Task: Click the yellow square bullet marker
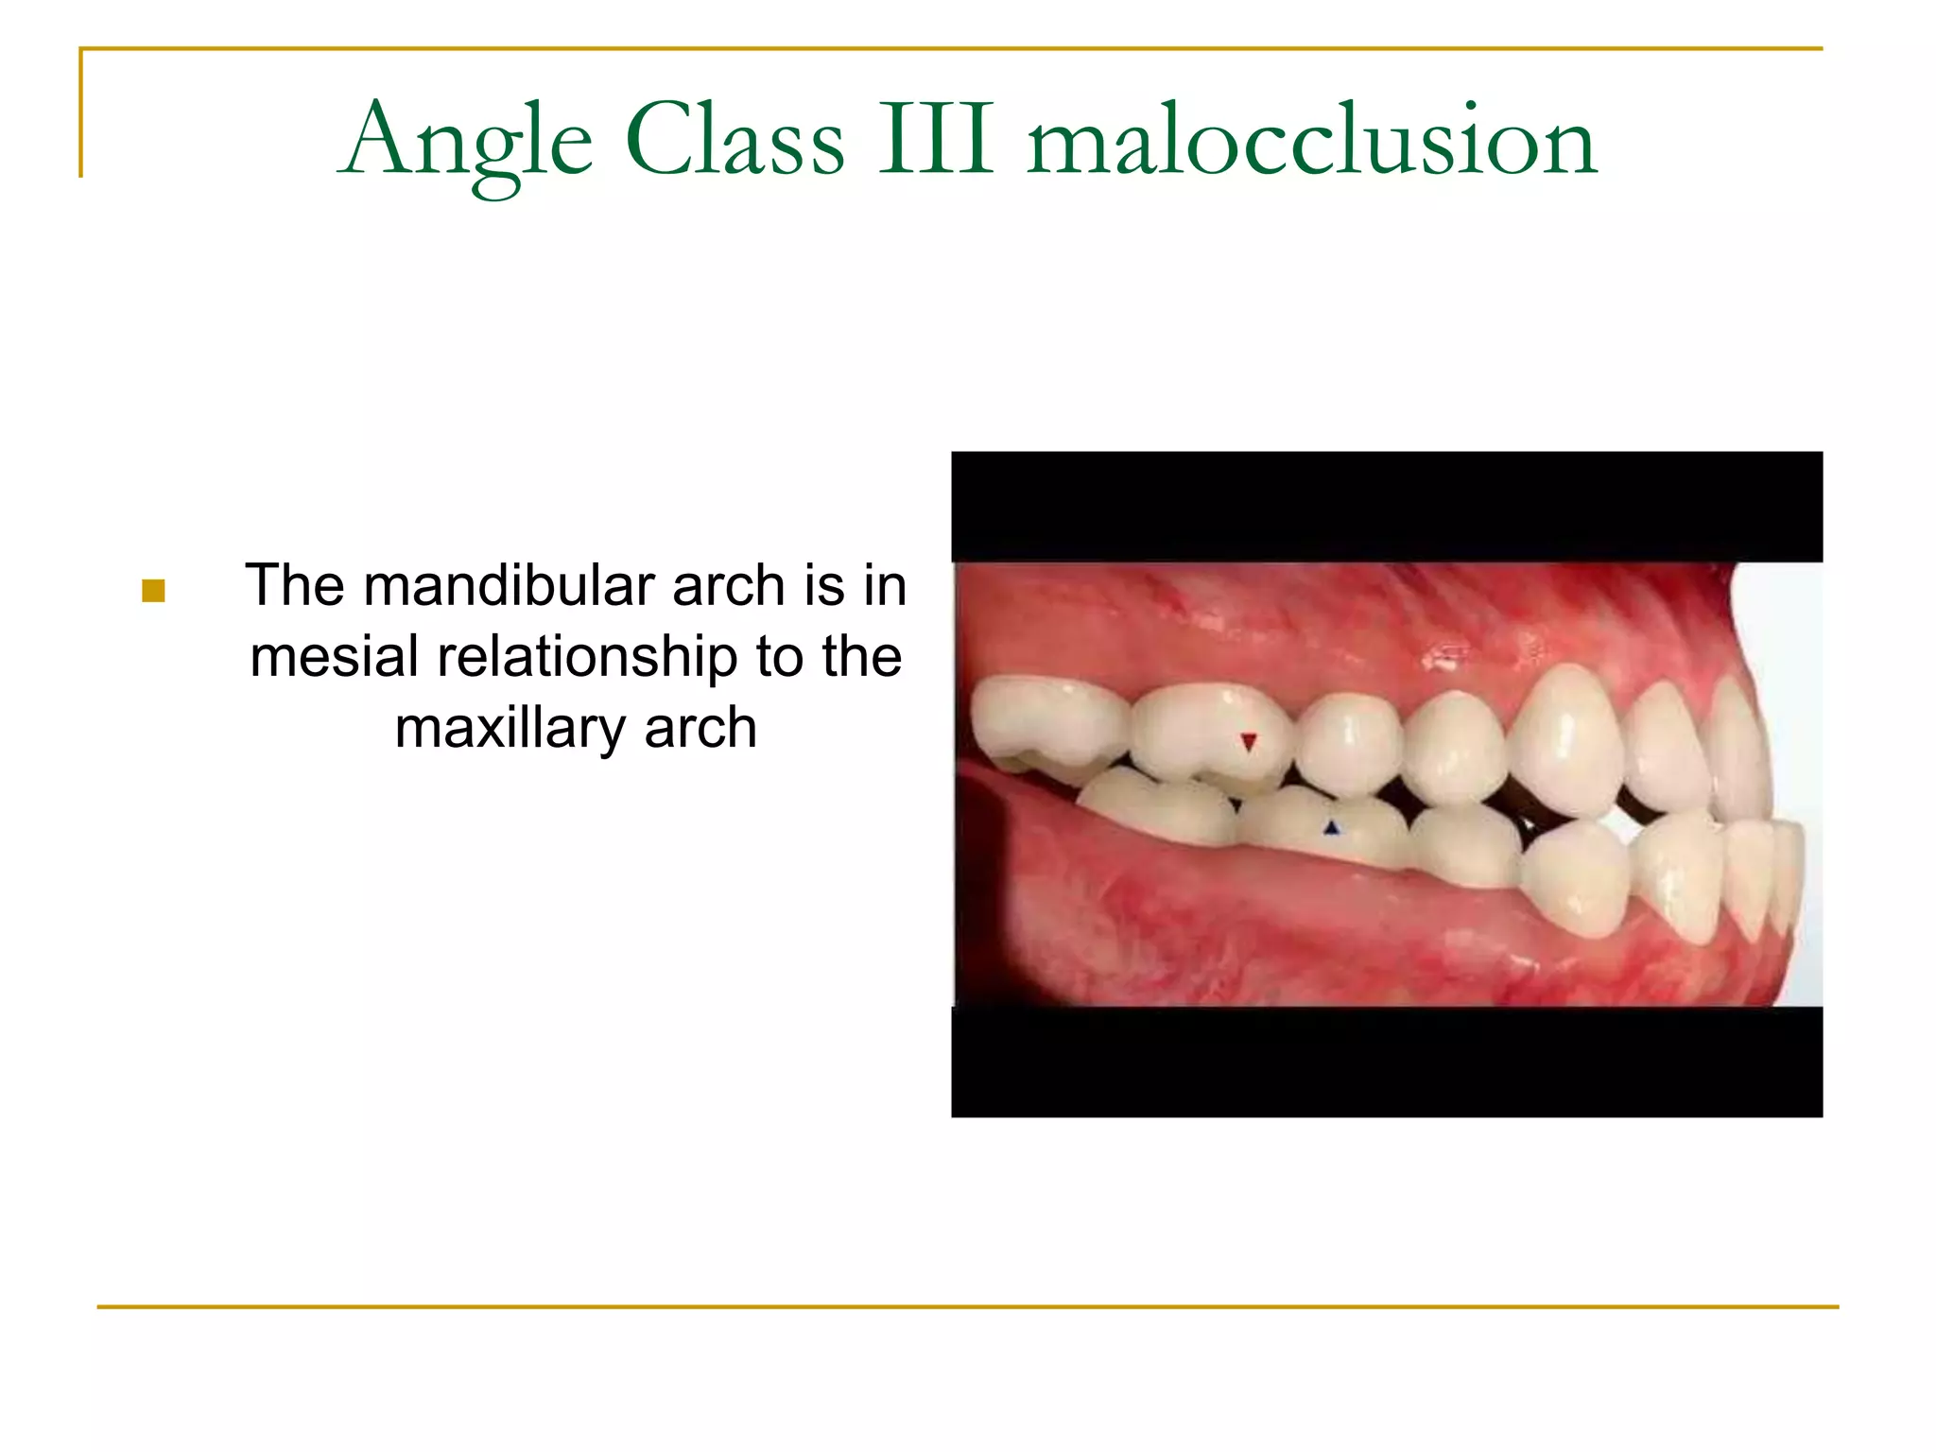pos(153,591)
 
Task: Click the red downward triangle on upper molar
pos(1248,742)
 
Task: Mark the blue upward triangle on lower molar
pos(1331,828)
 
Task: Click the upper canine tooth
pos(1564,737)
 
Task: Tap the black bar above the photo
pos(1386,507)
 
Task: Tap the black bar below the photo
pos(1386,1061)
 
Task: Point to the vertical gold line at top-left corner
pos(81,113)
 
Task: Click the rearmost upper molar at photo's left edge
pos(1045,723)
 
